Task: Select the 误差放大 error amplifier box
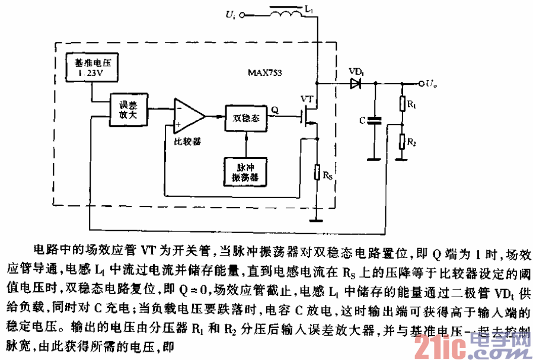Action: [127, 110]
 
